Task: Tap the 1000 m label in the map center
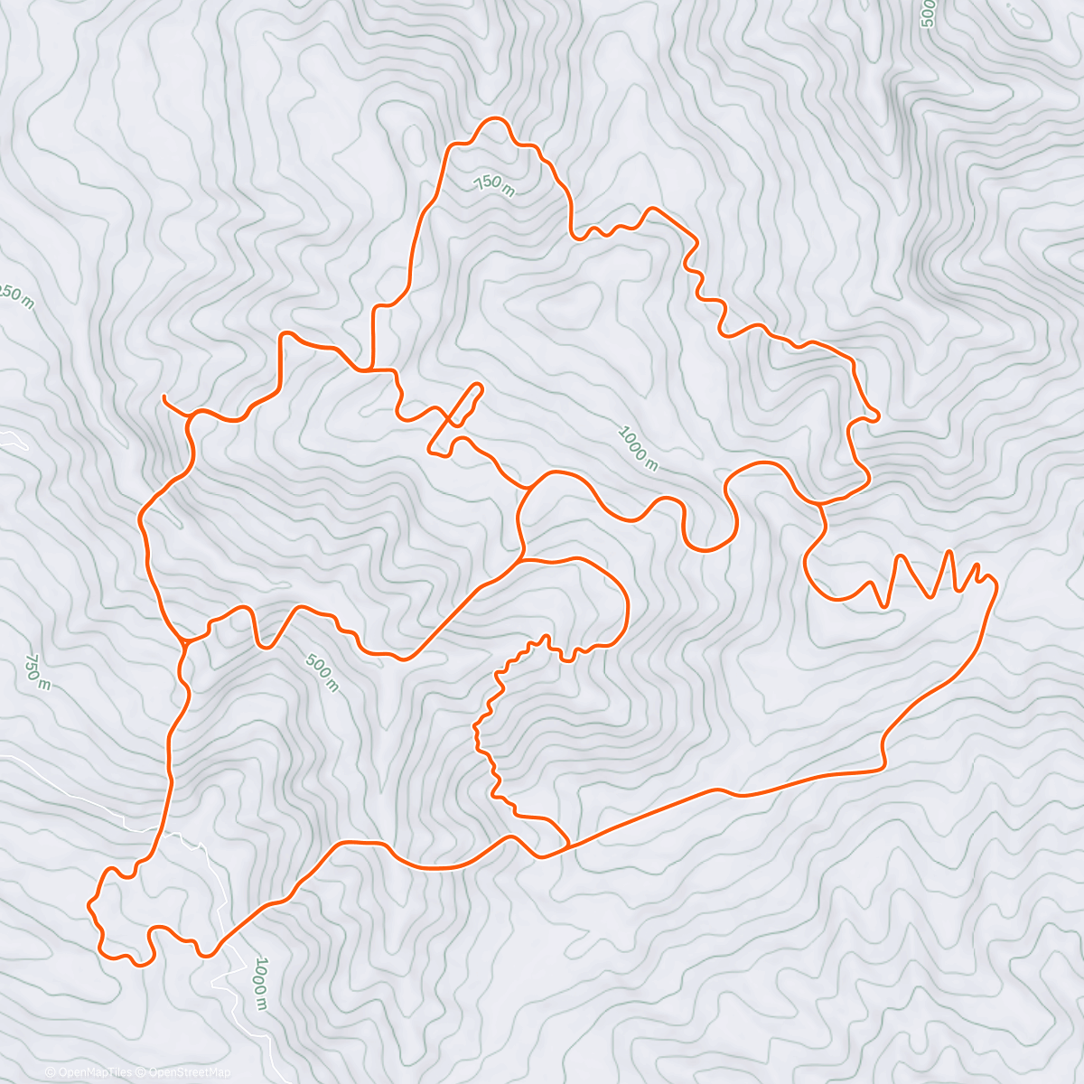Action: point(638,448)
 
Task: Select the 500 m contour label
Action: point(322,673)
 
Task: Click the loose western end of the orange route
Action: point(163,397)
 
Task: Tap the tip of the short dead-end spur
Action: point(479,387)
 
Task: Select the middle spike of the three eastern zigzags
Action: point(948,550)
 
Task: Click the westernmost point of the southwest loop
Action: point(89,903)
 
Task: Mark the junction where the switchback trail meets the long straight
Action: point(567,846)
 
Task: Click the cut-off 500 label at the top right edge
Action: point(926,14)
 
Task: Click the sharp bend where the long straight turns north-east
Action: point(883,768)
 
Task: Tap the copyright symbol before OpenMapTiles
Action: point(51,1072)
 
